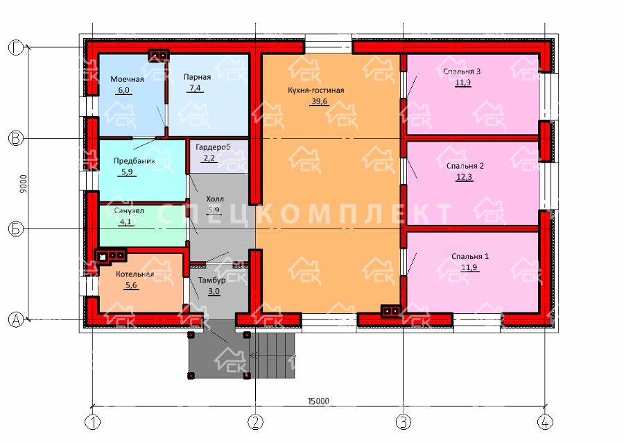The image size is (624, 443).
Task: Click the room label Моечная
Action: [x=127, y=79]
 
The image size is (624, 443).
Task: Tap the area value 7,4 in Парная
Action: [x=195, y=87]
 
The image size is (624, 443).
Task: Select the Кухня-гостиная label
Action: [x=316, y=90]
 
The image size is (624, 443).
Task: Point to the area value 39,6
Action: [x=319, y=101]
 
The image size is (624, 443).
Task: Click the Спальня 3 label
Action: [x=462, y=72]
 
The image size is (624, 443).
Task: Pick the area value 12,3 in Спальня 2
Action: [x=465, y=177]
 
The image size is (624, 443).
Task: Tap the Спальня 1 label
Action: [x=470, y=256]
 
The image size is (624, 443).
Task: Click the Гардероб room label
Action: [x=213, y=147]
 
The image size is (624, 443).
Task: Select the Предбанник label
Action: [x=134, y=161]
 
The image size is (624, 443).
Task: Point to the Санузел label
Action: [x=129, y=211]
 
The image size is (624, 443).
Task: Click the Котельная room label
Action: [x=135, y=274]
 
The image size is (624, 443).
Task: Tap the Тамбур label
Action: [x=211, y=280]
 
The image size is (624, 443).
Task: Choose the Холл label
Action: [x=215, y=199]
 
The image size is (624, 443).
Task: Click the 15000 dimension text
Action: [x=318, y=401]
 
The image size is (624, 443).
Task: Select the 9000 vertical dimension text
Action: [x=24, y=183]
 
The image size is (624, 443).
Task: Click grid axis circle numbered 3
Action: [x=403, y=422]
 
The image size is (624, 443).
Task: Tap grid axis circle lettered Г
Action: [x=16, y=47]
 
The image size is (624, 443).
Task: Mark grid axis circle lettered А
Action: [x=16, y=319]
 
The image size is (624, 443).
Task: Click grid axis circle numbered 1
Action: [x=93, y=422]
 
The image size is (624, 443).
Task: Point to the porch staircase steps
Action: [x=272, y=356]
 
